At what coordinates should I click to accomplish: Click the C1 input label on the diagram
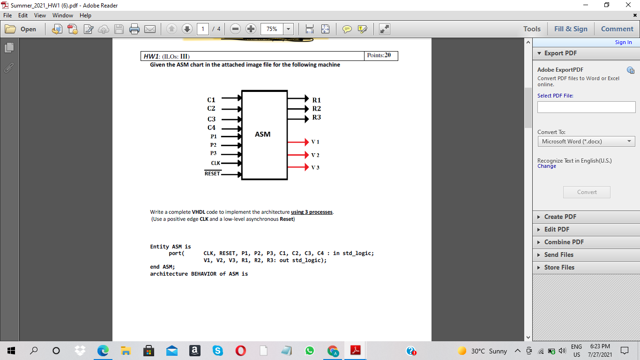[x=211, y=100]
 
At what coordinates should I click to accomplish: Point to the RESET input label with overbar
[x=212, y=174]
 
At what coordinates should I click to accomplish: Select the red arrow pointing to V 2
[x=298, y=155]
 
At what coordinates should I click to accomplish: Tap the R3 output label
[x=317, y=117]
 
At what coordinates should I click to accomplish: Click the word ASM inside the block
[x=262, y=135]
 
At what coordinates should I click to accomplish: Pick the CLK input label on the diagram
[x=216, y=163]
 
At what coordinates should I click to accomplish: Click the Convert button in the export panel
[x=587, y=192]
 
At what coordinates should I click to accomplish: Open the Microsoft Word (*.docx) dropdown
[x=586, y=141]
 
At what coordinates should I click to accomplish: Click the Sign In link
[x=623, y=42]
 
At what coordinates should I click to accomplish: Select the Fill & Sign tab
[x=570, y=29]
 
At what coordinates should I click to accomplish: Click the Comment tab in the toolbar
[x=617, y=29]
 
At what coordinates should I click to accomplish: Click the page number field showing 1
[x=202, y=29]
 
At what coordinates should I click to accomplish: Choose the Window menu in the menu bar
[x=63, y=15]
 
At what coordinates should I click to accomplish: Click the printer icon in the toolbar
[x=134, y=29]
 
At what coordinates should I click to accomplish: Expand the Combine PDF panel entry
[x=564, y=242]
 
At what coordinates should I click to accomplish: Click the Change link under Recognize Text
[x=547, y=166]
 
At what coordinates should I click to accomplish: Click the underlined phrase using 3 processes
[x=312, y=212]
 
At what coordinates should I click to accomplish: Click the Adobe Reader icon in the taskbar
[x=356, y=351]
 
